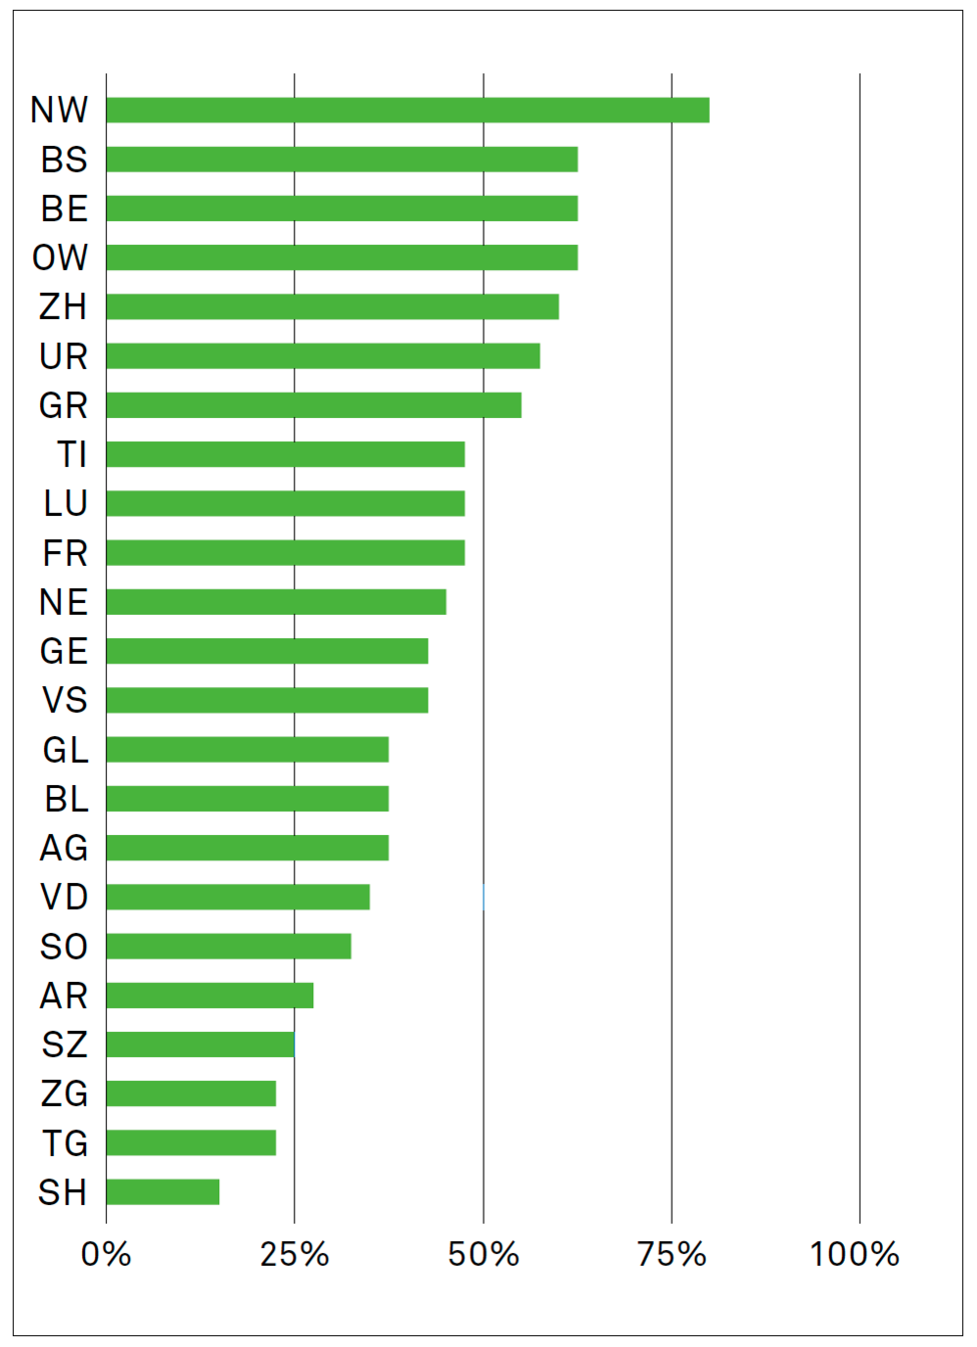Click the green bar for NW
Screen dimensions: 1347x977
pos(407,110)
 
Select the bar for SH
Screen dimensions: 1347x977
pos(163,1191)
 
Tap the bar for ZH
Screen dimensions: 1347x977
pos(333,306)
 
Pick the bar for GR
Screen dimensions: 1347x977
pos(313,404)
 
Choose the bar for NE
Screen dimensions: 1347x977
pos(276,601)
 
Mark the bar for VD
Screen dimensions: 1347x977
pos(238,897)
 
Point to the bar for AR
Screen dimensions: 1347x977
pos(209,995)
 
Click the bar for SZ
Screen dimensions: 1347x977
pos(200,1045)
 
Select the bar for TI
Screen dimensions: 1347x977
pos(285,454)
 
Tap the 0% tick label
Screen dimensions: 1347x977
pos(106,1254)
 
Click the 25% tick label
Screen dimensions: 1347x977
pos(295,1254)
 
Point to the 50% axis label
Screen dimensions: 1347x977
pos(484,1254)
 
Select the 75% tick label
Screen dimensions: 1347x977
pos(672,1254)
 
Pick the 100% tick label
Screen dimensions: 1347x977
pos(855,1254)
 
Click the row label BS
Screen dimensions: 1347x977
pos(65,160)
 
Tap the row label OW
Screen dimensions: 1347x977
pos(61,257)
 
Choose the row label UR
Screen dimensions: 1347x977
pos(64,356)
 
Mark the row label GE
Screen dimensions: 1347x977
pos(64,651)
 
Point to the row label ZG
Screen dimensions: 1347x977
pos(65,1093)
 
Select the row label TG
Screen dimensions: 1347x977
pos(65,1142)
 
